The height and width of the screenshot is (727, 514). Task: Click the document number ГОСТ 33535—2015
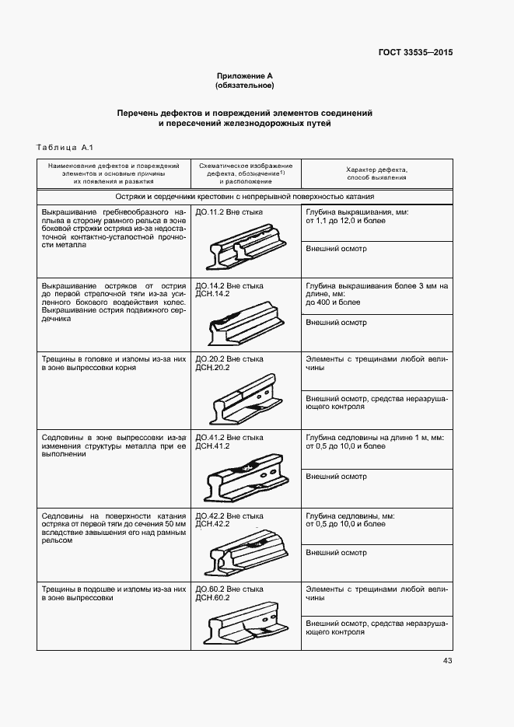click(415, 53)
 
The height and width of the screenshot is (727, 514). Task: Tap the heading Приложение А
click(245, 76)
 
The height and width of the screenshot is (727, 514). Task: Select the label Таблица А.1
click(65, 148)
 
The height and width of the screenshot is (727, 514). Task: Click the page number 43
click(447, 661)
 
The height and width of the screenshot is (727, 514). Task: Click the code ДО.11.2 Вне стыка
click(229, 211)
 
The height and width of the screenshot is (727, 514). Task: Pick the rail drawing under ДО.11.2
click(245, 245)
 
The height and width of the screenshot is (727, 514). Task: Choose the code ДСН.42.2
click(212, 524)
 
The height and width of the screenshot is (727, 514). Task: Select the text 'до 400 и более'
click(334, 302)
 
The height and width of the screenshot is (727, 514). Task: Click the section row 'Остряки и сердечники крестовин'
click(245, 197)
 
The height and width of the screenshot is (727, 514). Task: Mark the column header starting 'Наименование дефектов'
click(114, 173)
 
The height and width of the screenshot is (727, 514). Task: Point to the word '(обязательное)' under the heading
click(245, 85)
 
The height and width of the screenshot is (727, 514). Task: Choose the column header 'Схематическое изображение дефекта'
click(246, 173)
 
